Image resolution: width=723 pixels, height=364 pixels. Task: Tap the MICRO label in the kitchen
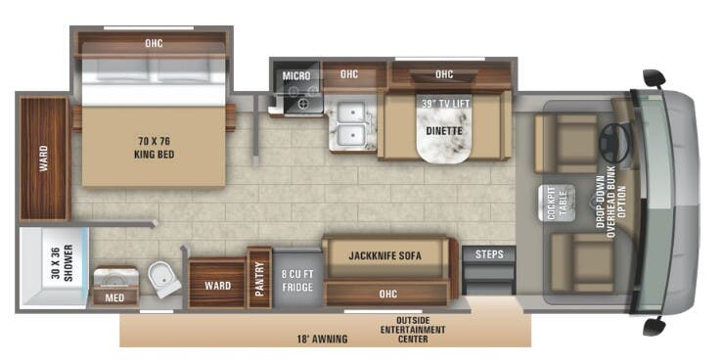[x=296, y=75]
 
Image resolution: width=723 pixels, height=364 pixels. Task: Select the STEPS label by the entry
[x=489, y=254]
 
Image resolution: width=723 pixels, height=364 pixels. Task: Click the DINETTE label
[x=443, y=128]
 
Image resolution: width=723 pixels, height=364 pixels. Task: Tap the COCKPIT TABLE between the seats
[x=554, y=202]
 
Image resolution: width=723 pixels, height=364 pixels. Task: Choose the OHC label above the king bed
[x=154, y=42]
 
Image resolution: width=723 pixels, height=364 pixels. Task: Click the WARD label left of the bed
[x=44, y=159]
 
